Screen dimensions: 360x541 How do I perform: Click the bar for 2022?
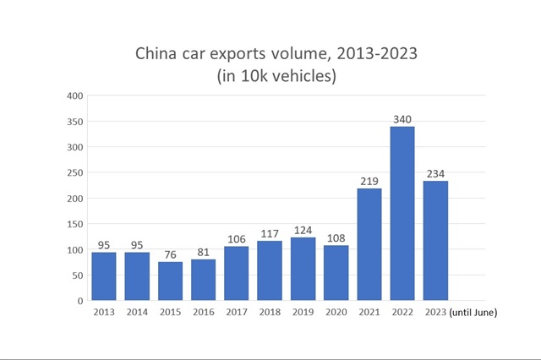[x=402, y=214]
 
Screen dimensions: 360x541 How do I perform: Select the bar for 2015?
[x=170, y=281]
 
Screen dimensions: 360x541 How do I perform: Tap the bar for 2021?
[x=369, y=244]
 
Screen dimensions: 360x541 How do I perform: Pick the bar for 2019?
[x=303, y=269]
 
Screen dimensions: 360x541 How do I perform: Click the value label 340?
[x=402, y=118]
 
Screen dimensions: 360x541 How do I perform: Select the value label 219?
[x=369, y=181]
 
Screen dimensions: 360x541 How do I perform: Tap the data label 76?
[x=170, y=254]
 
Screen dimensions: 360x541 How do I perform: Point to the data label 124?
[x=303, y=229]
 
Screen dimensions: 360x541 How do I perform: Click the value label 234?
[x=435, y=173]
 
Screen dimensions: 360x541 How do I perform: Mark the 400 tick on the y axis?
[x=74, y=96]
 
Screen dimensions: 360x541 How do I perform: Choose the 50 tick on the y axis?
[x=77, y=275]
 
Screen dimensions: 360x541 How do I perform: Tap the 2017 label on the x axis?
[x=236, y=313]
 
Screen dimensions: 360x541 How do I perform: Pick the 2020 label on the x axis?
[x=336, y=313]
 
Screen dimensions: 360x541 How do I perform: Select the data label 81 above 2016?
[x=203, y=251]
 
